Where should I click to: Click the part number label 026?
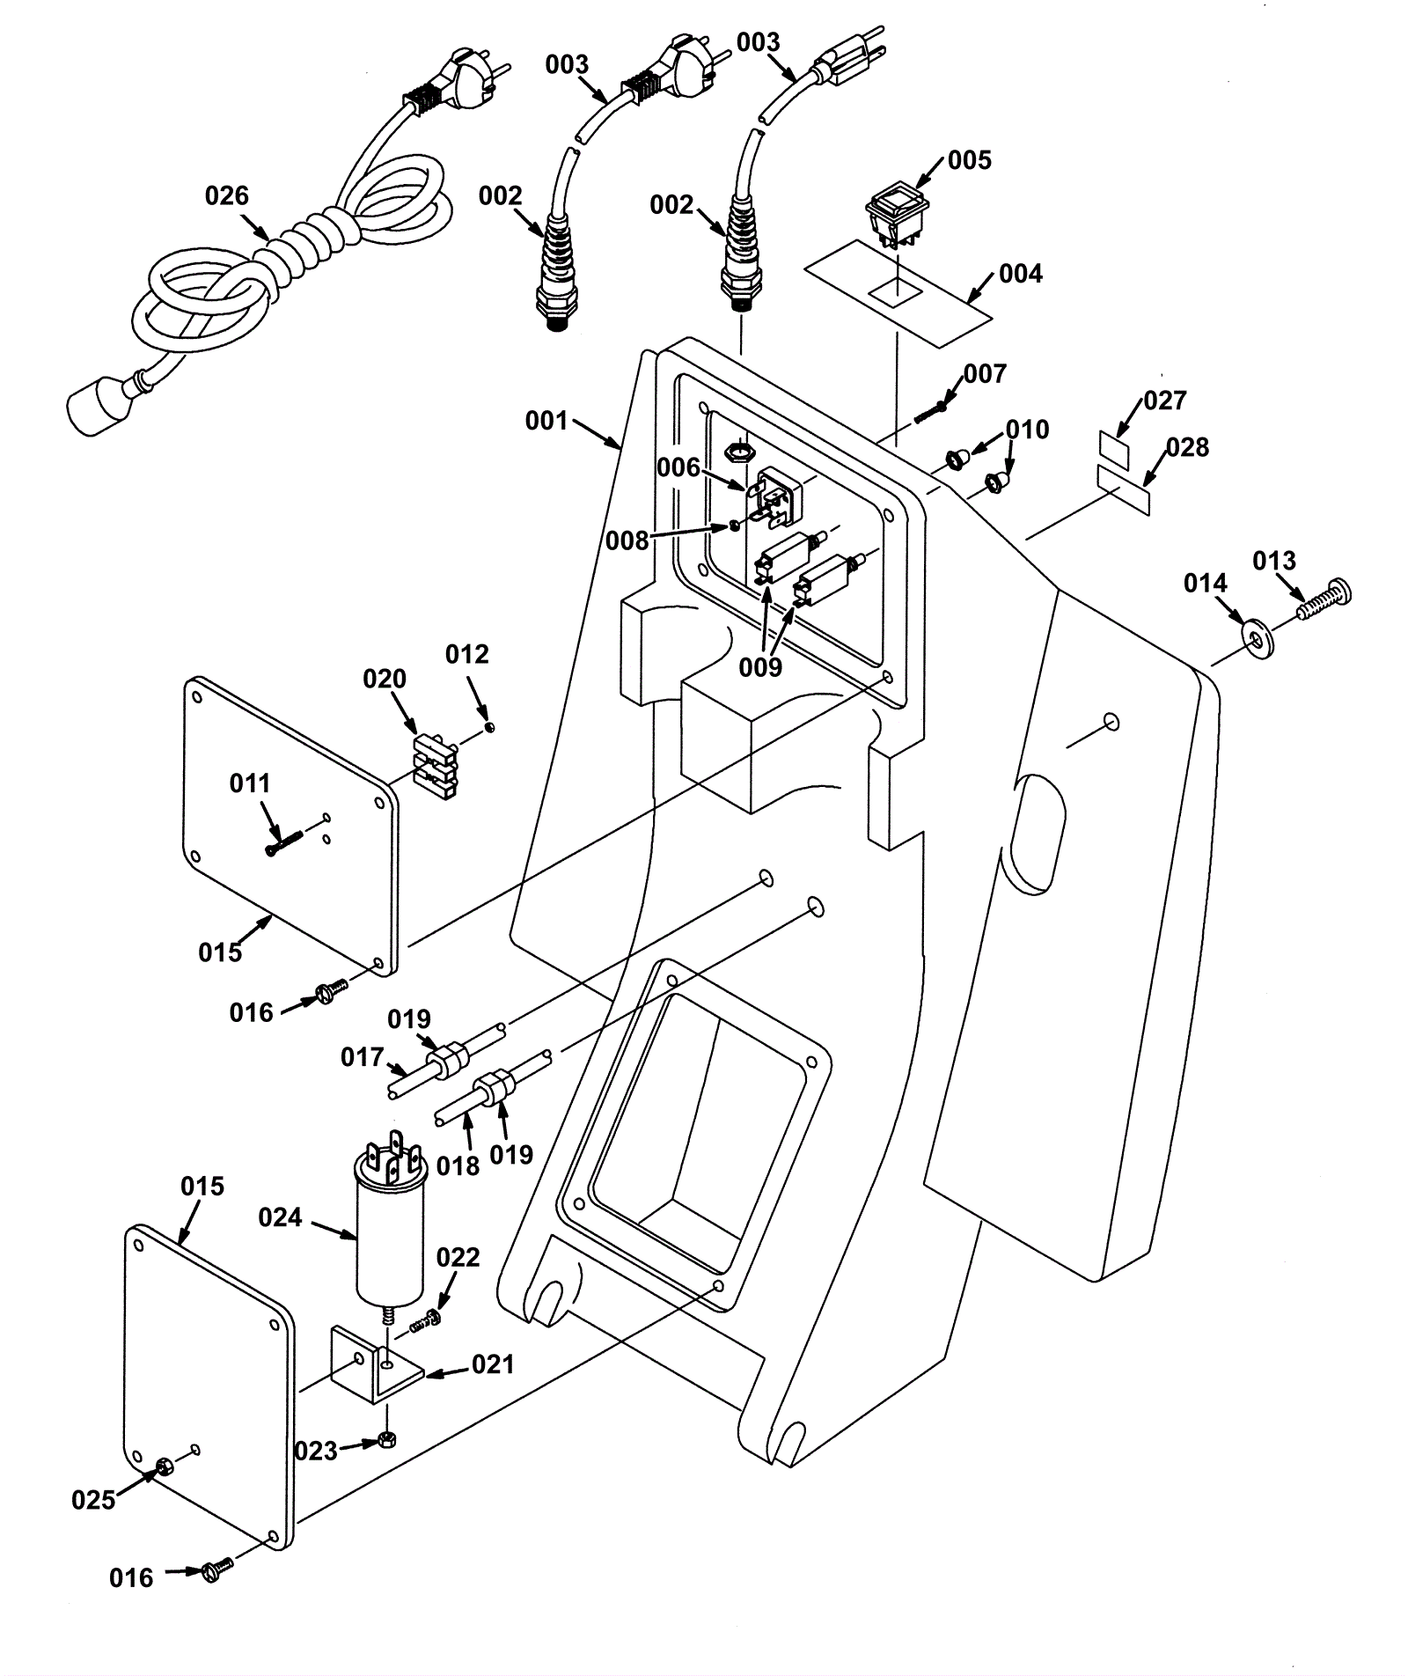point(227,195)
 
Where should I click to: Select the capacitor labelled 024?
point(390,1221)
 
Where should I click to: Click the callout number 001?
point(546,421)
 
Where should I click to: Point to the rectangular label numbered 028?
point(1124,490)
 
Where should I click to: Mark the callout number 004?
point(1021,274)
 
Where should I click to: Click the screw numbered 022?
point(425,1321)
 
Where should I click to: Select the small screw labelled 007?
point(931,411)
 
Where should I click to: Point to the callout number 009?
point(760,667)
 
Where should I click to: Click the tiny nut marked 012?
point(490,727)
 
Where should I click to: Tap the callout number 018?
point(458,1165)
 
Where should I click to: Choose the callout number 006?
point(678,467)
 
